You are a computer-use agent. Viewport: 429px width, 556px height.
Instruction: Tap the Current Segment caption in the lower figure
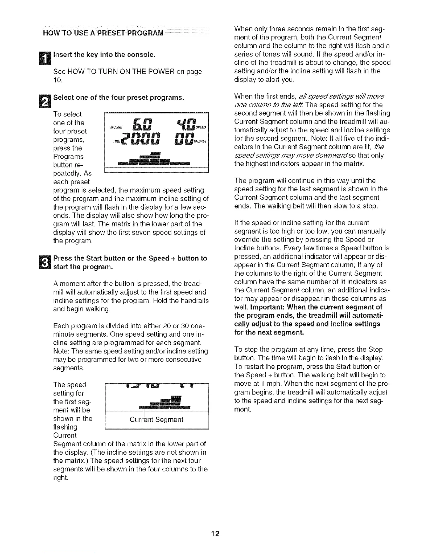[x=156, y=419]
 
